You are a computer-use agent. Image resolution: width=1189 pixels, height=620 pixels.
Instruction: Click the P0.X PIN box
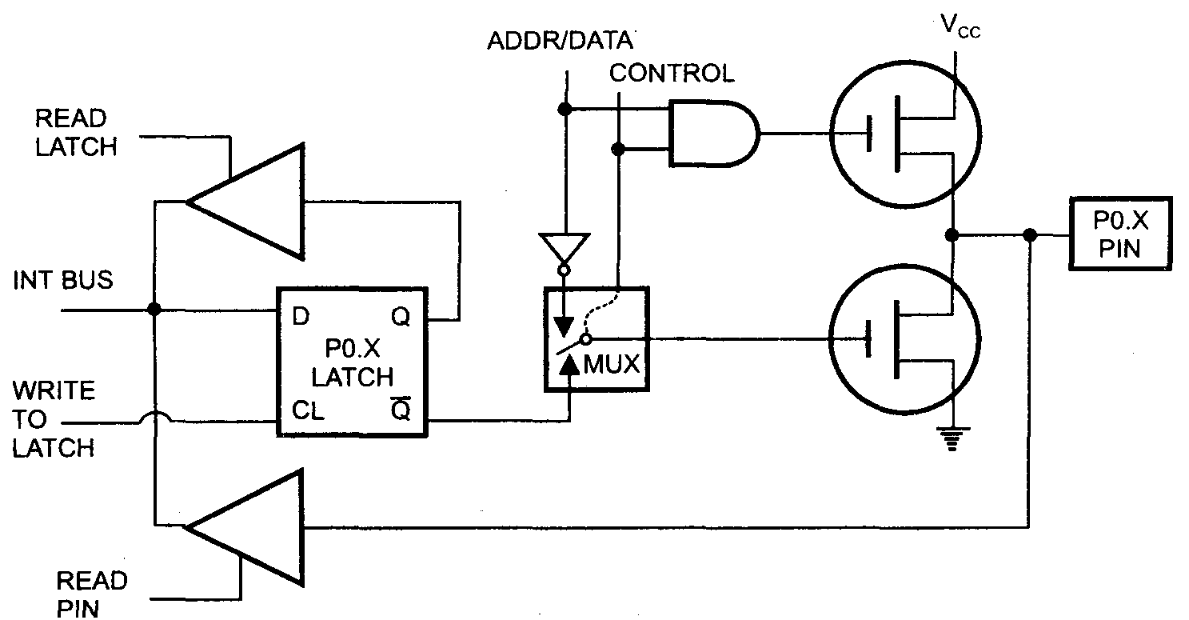(x=1119, y=233)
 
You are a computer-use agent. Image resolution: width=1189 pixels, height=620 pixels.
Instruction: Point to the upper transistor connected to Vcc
(x=905, y=133)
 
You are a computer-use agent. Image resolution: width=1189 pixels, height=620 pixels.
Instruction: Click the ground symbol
(x=952, y=438)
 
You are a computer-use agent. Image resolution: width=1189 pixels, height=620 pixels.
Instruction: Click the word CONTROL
(x=671, y=74)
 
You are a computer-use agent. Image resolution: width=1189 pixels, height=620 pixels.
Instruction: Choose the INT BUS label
(x=63, y=281)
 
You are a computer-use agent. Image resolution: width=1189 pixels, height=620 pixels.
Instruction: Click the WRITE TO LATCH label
(x=54, y=419)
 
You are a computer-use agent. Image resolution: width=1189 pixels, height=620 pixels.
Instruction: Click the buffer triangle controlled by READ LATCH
(x=244, y=202)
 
